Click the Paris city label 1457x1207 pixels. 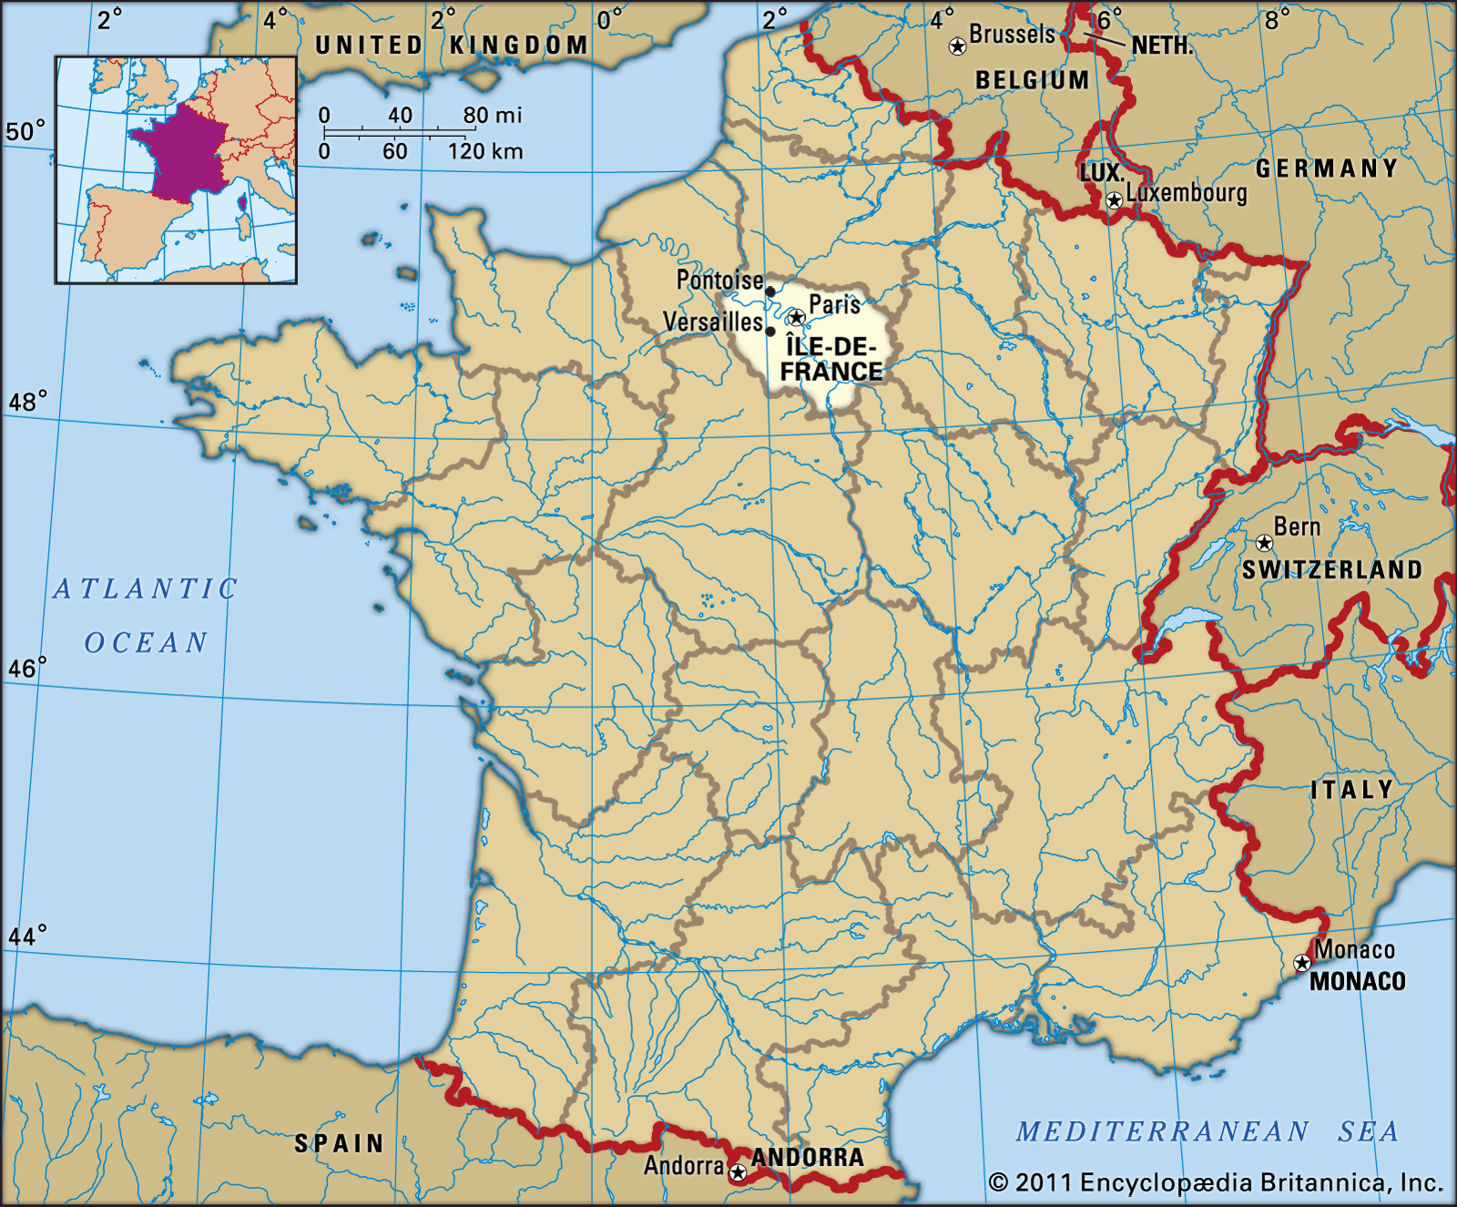pyautogui.click(x=834, y=304)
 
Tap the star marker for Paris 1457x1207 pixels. pyautogui.click(x=797, y=317)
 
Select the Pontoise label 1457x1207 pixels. pyautogui.click(x=719, y=281)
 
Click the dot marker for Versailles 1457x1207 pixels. pyautogui.click(x=770, y=332)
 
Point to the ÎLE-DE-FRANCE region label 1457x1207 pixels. pyautogui.click(x=831, y=359)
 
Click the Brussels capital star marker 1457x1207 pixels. pyautogui.click(x=957, y=46)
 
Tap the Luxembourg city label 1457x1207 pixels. pyautogui.click(x=1187, y=193)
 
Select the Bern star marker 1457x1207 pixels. pyautogui.click(x=1264, y=544)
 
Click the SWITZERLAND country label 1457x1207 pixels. pyautogui.click(x=1332, y=570)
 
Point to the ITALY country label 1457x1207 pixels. pyautogui.click(x=1352, y=789)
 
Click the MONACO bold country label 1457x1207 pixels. pyautogui.click(x=1358, y=981)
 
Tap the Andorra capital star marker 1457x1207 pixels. pyautogui.click(x=739, y=1173)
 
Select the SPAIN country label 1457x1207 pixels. pyautogui.click(x=340, y=1143)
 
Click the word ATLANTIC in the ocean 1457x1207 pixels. pyautogui.click(x=146, y=588)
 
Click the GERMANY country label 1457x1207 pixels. pyautogui.click(x=1327, y=169)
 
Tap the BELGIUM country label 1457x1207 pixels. pyautogui.click(x=1033, y=80)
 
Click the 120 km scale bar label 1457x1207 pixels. pyautogui.click(x=485, y=151)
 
